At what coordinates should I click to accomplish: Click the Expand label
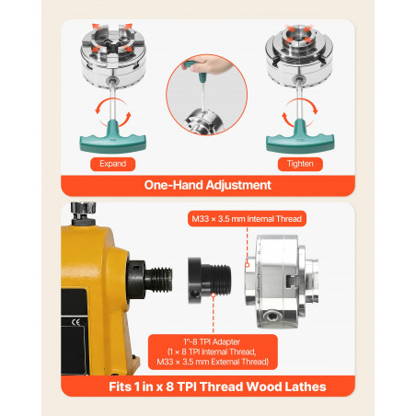(x=112, y=164)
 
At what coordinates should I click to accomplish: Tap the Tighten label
(x=300, y=164)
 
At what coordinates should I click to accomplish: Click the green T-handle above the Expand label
(x=112, y=137)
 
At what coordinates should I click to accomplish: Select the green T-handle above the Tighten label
(x=300, y=137)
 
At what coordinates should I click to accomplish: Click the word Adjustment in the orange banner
(x=238, y=185)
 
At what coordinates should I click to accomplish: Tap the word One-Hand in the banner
(x=173, y=185)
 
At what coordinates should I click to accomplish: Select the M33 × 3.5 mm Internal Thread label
(x=247, y=219)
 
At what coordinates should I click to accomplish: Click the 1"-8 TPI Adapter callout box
(x=213, y=352)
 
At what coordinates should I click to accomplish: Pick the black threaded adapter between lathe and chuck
(x=209, y=280)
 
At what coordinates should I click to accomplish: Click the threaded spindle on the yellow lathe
(x=159, y=280)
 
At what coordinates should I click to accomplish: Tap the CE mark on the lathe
(x=75, y=322)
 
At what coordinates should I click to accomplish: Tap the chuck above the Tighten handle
(x=299, y=54)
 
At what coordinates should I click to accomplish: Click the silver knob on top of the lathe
(x=83, y=210)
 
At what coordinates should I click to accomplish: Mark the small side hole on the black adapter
(x=194, y=295)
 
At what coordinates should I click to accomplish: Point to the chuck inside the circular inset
(x=203, y=122)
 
